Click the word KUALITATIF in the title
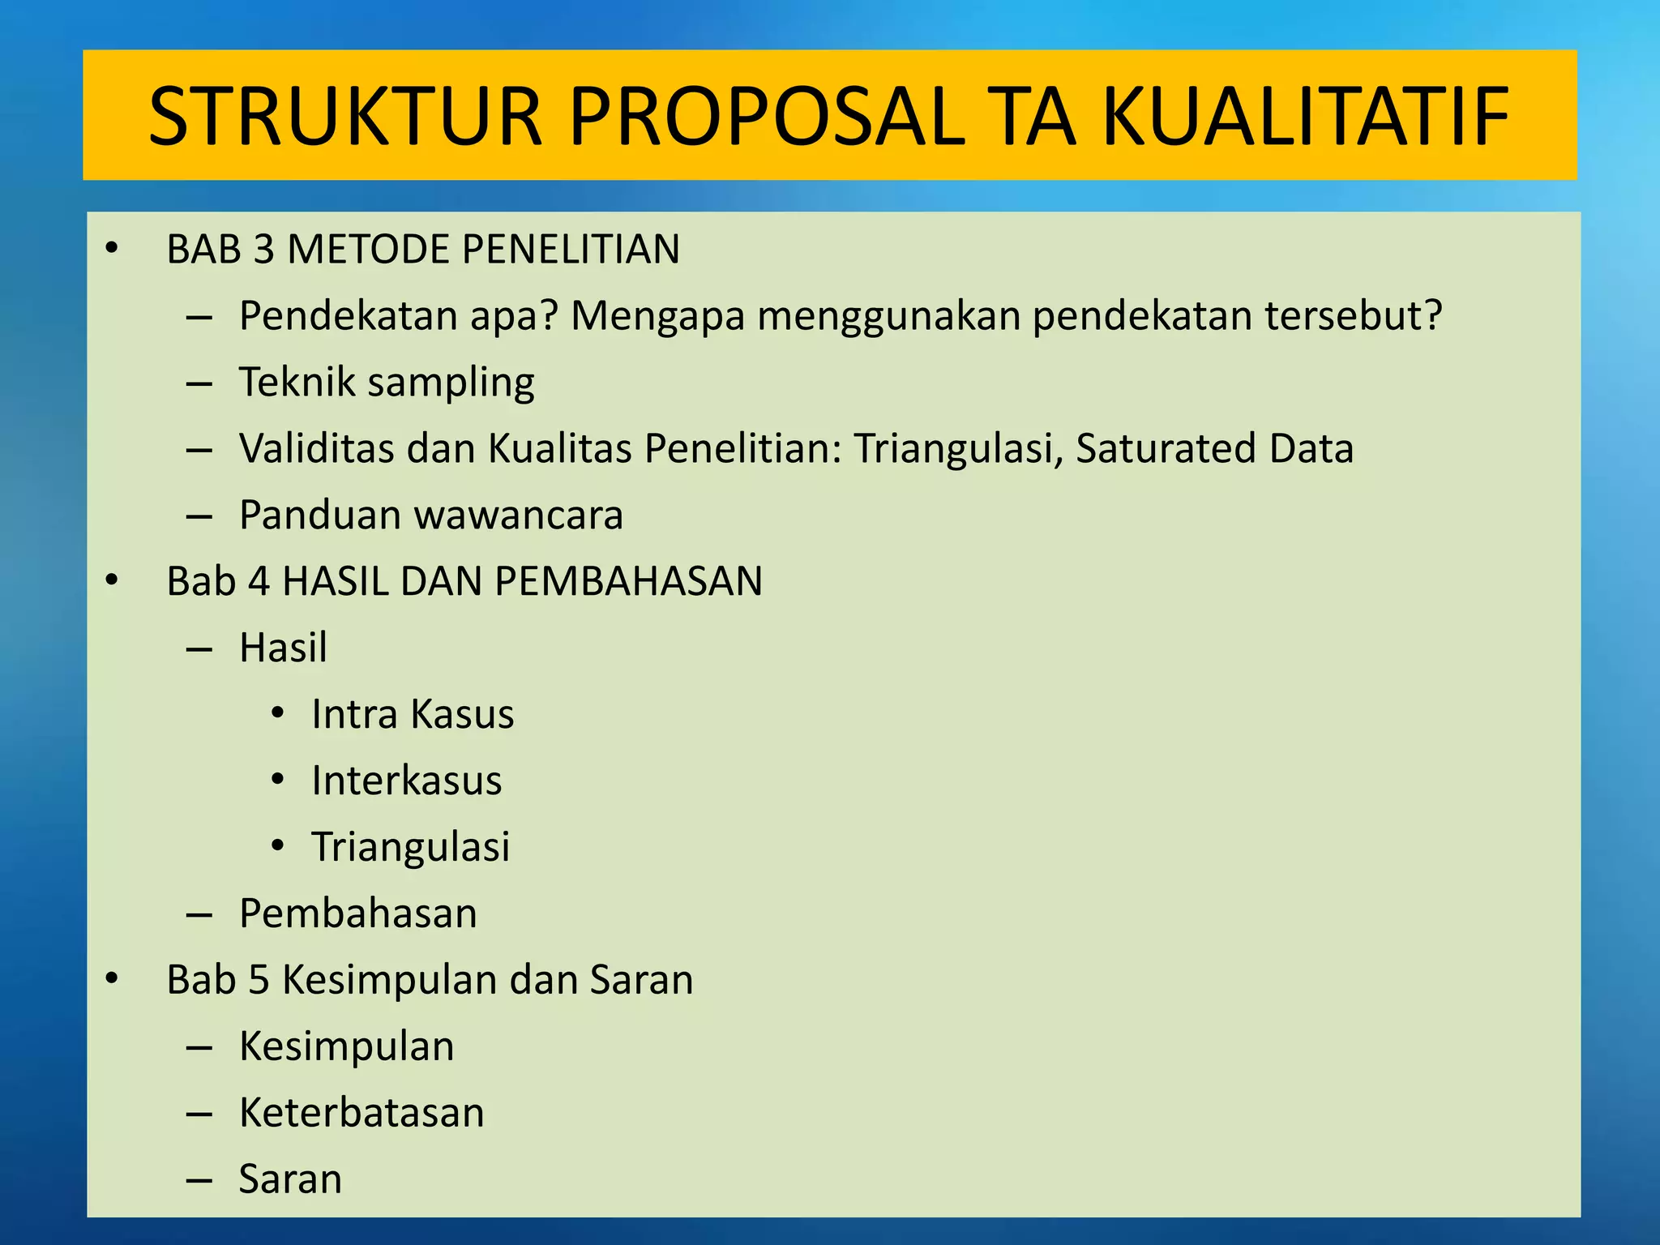pyautogui.click(x=1305, y=118)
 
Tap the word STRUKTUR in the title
pyautogui.click(x=345, y=118)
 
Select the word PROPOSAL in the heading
pyautogui.click(x=767, y=118)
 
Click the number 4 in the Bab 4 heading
pyautogui.click(x=259, y=581)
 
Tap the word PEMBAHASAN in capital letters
pyautogui.click(x=628, y=581)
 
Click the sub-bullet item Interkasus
pyautogui.click(x=407, y=781)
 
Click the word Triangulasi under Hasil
pyautogui.click(x=411, y=847)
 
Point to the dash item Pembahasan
pyautogui.click(x=358, y=913)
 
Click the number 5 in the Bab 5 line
pyautogui.click(x=259, y=980)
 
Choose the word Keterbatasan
pyautogui.click(x=362, y=1113)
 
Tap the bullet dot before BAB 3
pyautogui.click(x=112, y=249)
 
